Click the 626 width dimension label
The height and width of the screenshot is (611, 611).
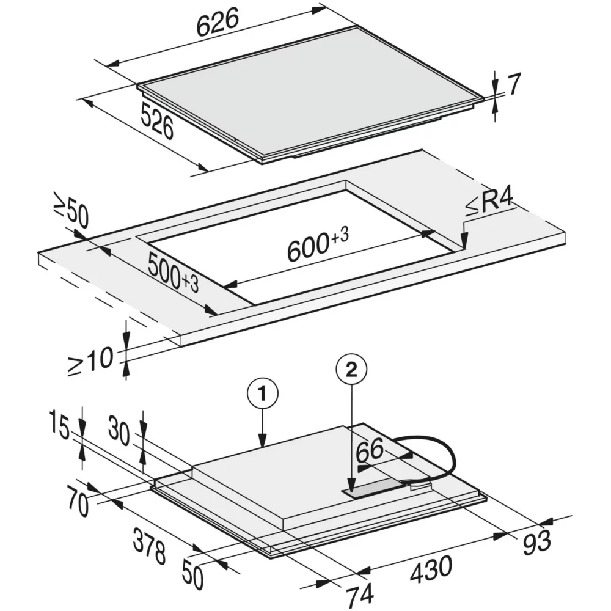(217, 24)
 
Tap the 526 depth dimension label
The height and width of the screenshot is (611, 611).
(157, 120)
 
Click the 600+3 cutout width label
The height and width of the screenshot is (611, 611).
(317, 244)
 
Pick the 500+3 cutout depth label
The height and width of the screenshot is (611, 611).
(172, 273)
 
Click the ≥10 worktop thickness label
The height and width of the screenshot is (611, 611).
(91, 360)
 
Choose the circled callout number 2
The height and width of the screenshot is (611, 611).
(350, 368)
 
